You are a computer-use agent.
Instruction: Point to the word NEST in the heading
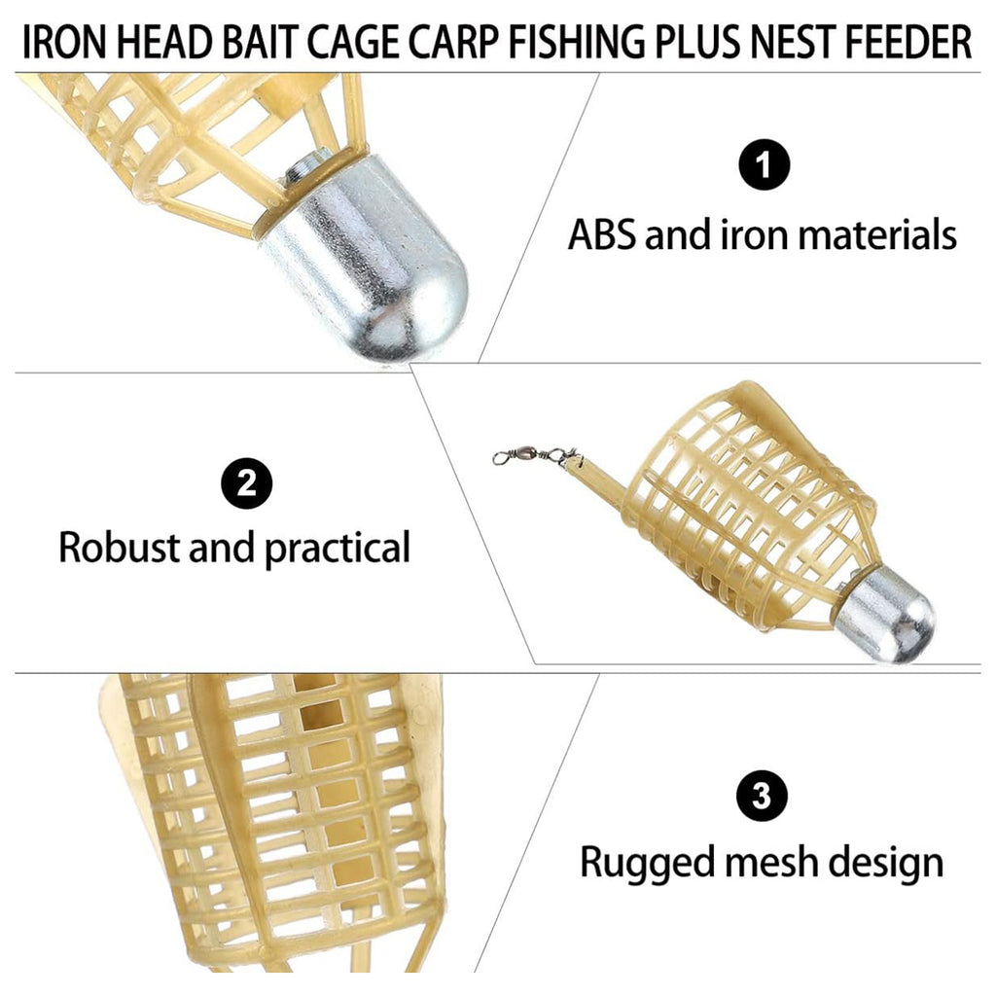pos(795,43)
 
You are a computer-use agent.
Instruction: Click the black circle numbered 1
pos(765,164)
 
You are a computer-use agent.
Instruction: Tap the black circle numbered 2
pos(246,483)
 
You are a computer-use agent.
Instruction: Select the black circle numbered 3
pos(762,796)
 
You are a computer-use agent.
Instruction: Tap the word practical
pos(338,549)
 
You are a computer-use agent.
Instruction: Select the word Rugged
pos(647,863)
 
